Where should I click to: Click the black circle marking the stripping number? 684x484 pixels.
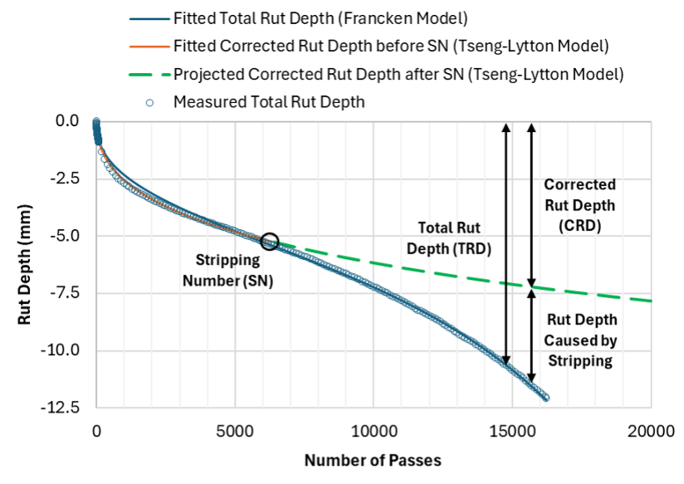tap(270, 241)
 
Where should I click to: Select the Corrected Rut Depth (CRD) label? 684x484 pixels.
tap(579, 203)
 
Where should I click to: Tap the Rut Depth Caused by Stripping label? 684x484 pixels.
tap(580, 340)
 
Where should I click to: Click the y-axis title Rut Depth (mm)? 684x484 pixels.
tap(26, 266)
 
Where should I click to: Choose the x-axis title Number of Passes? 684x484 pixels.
tap(372, 460)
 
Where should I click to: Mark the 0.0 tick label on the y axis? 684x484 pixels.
tap(67, 121)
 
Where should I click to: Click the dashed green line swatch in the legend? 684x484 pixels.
tap(148, 74)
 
